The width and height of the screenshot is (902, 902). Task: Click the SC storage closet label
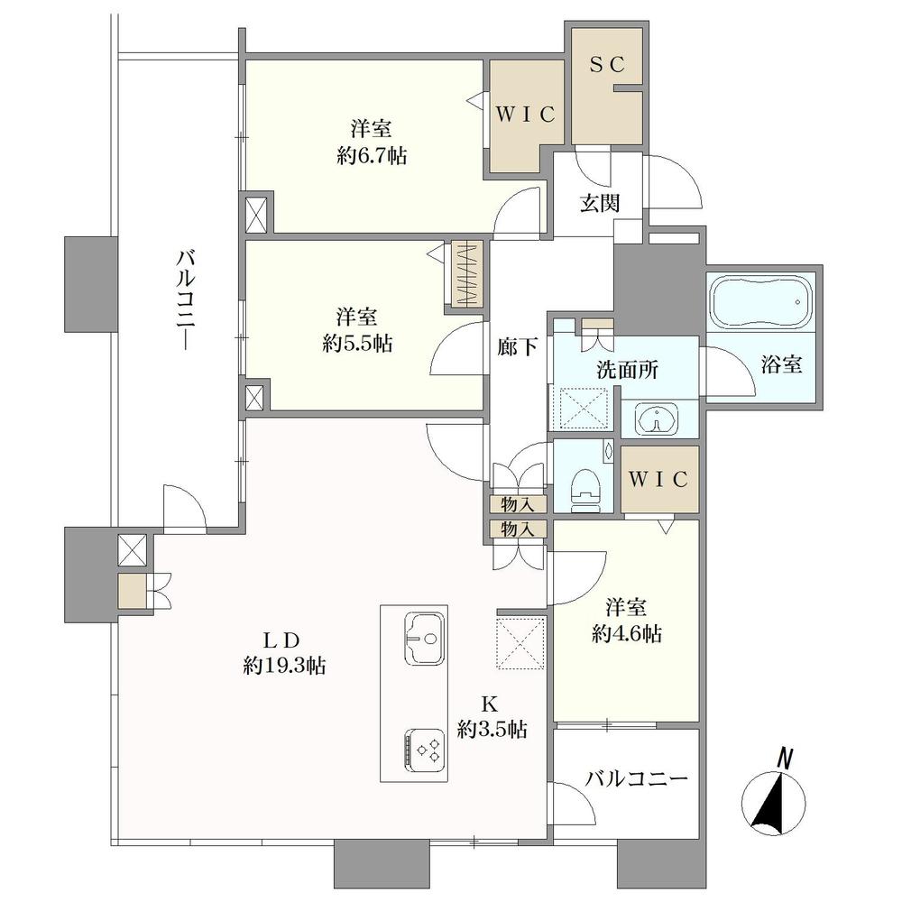[x=606, y=65]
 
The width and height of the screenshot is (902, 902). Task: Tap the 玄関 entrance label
[x=600, y=202]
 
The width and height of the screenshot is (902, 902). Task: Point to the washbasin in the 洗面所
[x=657, y=419]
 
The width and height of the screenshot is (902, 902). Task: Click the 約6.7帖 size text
[x=372, y=155]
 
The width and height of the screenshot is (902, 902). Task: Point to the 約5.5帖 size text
[x=357, y=344]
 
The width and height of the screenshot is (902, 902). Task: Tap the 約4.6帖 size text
[x=627, y=633]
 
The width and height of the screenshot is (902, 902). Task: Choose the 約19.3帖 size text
[x=284, y=665]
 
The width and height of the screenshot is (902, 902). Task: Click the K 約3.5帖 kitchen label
[x=492, y=716]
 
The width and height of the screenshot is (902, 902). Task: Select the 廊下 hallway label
[x=517, y=347]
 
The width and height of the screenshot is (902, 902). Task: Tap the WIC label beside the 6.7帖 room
[x=525, y=115]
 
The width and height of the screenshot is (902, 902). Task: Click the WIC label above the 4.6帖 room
[x=658, y=479]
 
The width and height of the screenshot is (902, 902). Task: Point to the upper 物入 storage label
[x=518, y=504]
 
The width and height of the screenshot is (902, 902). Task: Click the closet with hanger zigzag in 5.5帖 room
[x=467, y=274]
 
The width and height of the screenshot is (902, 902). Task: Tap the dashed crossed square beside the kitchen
[x=520, y=643]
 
